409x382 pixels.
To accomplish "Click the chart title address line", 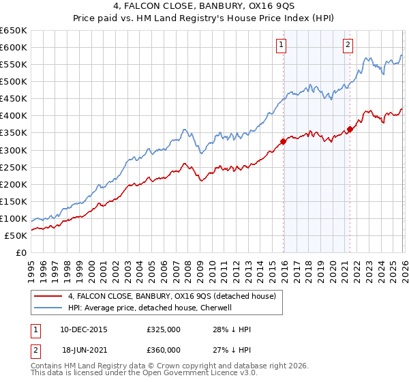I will coord(204,7).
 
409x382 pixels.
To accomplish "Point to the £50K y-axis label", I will coord(16,235).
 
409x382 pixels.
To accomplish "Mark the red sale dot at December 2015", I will coord(282,141).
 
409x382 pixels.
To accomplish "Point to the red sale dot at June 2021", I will coord(350,129).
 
